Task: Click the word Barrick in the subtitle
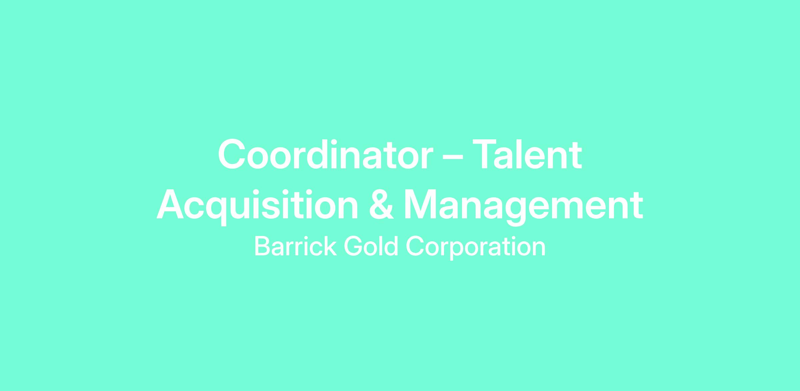point(295,247)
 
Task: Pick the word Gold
point(371,247)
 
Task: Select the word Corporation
point(476,248)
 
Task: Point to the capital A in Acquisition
point(170,204)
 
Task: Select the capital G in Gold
point(353,247)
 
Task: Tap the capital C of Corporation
point(415,247)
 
